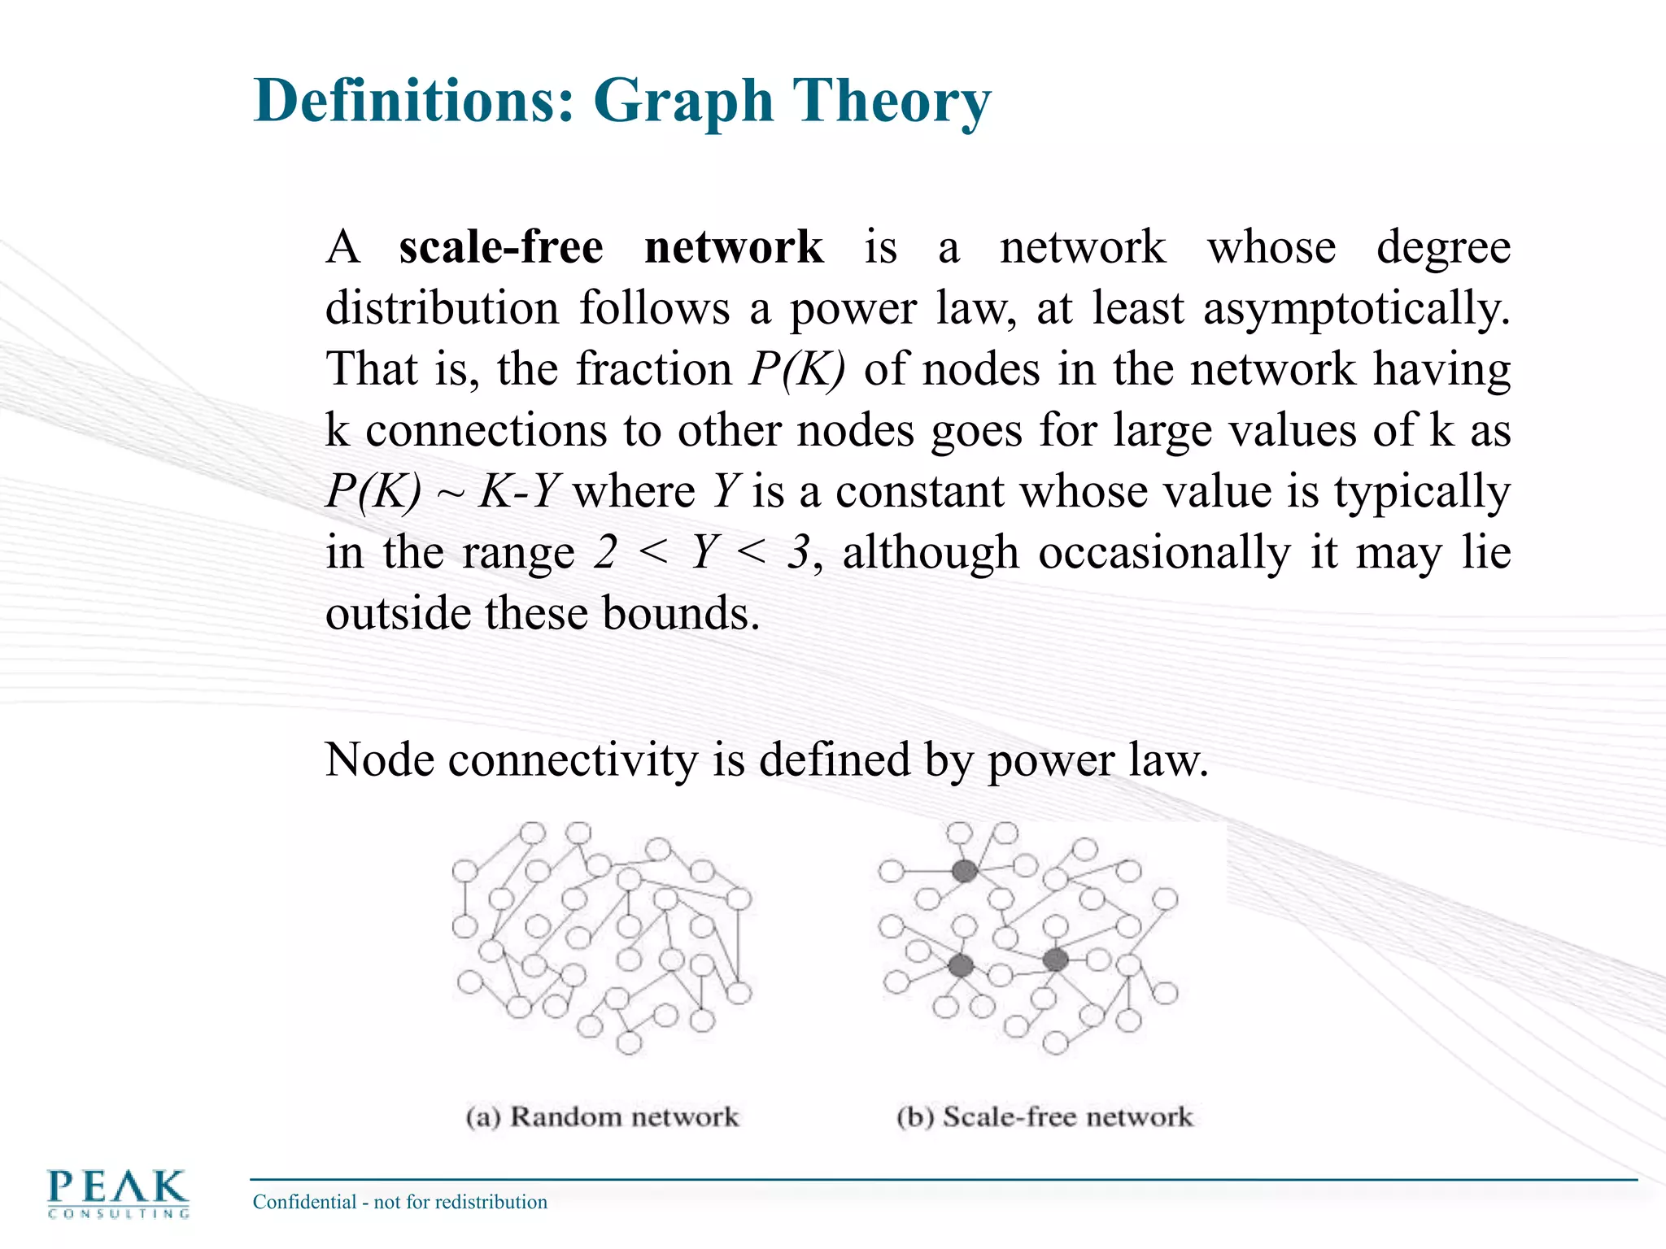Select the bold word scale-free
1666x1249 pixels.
pyautogui.click(x=501, y=246)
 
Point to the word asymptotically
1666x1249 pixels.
pyautogui.click(x=1356, y=309)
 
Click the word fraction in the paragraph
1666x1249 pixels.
pyautogui.click(x=654, y=369)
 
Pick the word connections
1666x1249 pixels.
pyautogui.click(x=486, y=430)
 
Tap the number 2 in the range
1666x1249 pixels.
pyautogui.click(x=604, y=553)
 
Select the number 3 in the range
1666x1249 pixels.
pyautogui.click(x=798, y=553)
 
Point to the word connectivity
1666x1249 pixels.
pyautogui.click(x=573, y=760)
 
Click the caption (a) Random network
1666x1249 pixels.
pyautogui.click(x=602, y=1116)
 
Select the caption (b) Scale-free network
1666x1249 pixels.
pyautogui.click(x=1045, y=1116)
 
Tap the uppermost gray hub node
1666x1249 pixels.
pyautogui.click(x=964, y=871)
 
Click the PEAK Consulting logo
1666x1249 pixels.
pyautogui.click(x=119, y=1194)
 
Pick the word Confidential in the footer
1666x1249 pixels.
pyautogui.click(x=304, y=1202)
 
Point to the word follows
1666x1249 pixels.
pyautogui.click(x=654, y=309)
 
